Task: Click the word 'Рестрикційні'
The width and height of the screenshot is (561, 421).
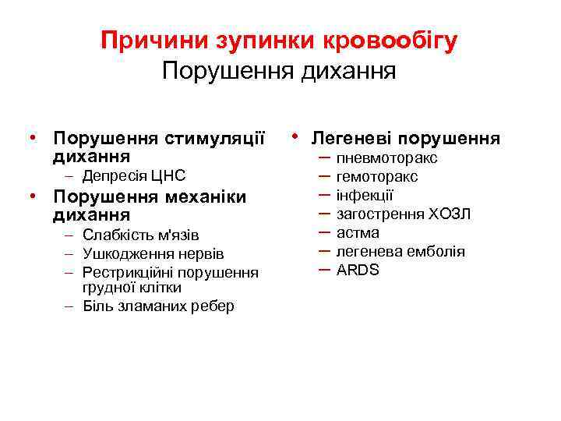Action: click(128, 273)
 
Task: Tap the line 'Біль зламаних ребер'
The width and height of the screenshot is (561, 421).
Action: click(158, 306)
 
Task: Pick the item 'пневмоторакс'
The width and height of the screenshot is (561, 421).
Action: click(386, 158)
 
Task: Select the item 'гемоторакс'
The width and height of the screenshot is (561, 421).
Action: click(377, 177)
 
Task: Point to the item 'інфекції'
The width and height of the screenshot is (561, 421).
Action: click(365, 195)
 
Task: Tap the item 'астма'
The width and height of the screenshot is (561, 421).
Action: click(358, 232)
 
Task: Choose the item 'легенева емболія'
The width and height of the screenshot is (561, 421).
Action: click(400, 251)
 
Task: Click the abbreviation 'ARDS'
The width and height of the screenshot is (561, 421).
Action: click(358, 271)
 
